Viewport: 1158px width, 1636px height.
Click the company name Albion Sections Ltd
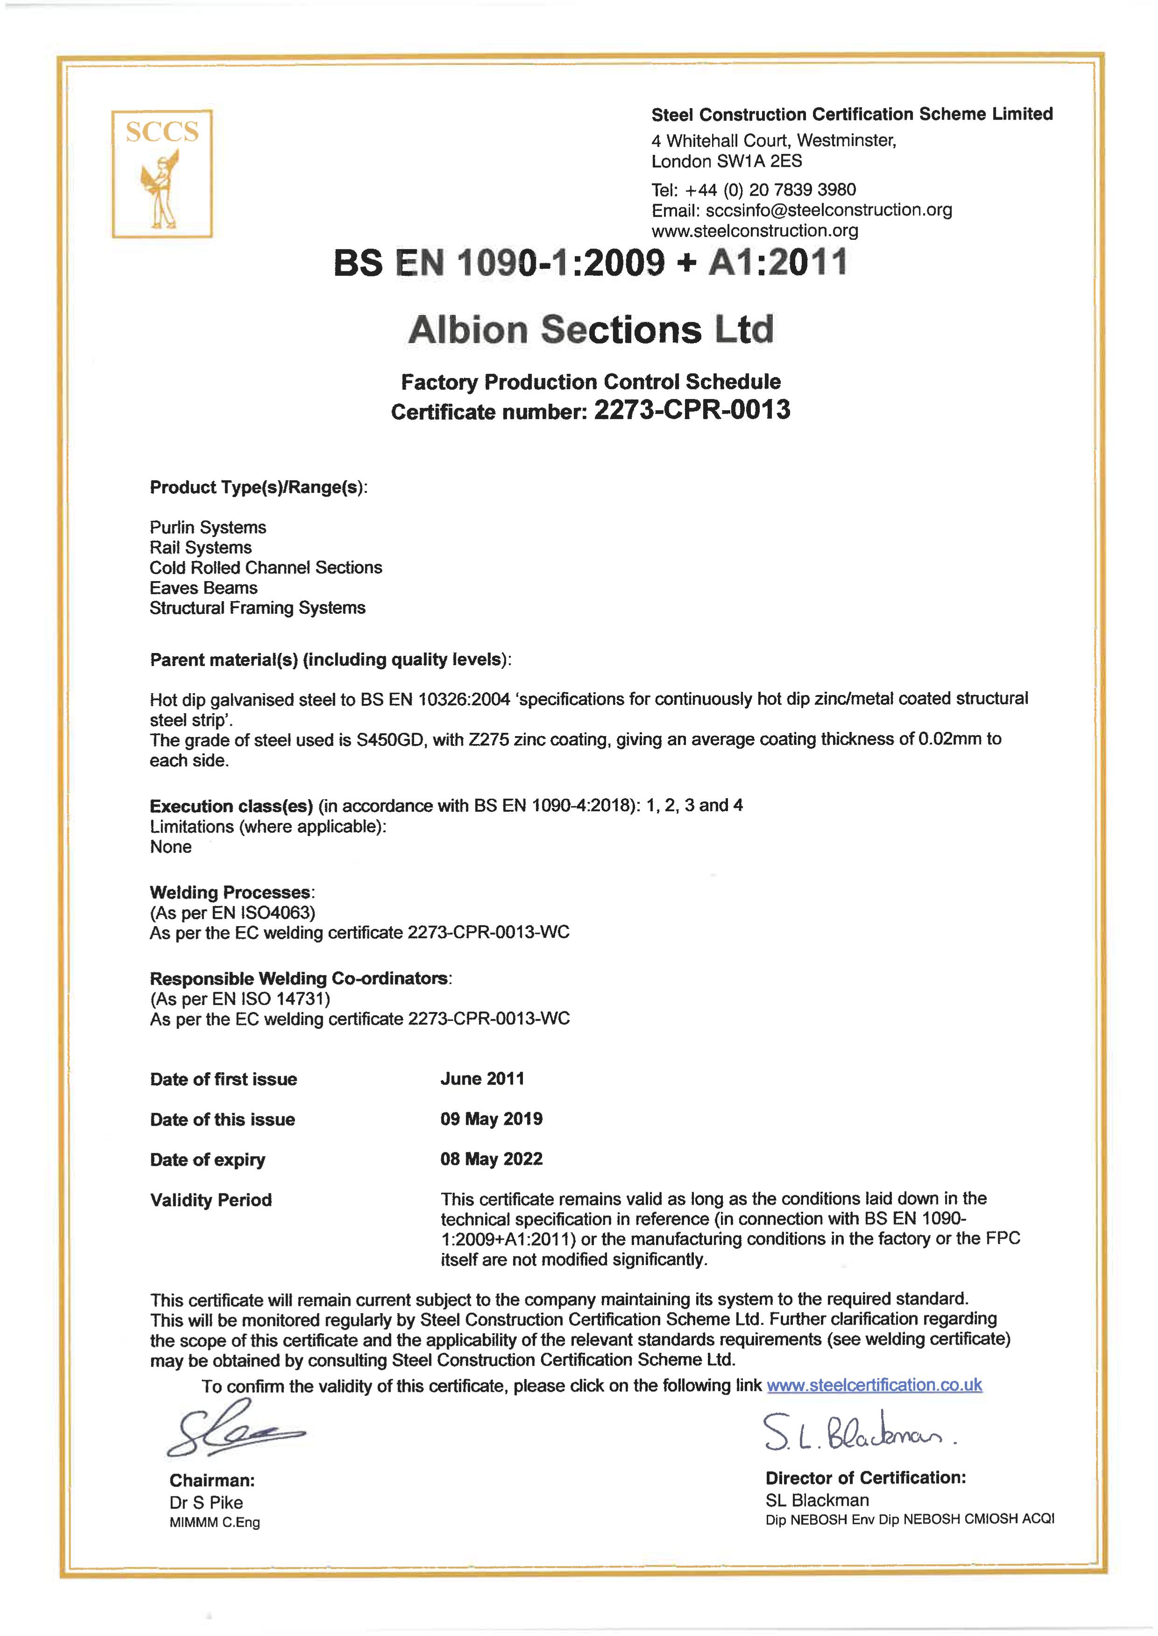(590, 330)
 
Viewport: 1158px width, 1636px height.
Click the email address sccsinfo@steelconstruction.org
(828, 211)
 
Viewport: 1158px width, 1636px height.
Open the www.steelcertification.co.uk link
(874, 1384)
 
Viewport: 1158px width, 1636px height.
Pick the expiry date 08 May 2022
(491, 1159)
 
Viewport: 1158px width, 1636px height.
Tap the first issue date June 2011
(482, 1079)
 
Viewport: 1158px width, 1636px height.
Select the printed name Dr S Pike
(206, 1503)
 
